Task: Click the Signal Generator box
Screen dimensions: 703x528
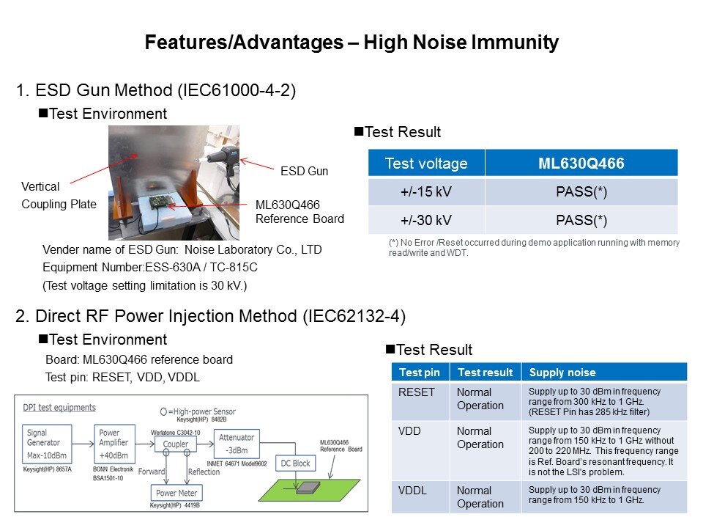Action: [47, 444]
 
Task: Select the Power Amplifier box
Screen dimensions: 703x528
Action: [114, 444]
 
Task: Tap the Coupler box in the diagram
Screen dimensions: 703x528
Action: [175, 444]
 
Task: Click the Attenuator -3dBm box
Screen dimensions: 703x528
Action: [237, 444]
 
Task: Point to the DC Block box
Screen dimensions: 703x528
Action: [295, 463]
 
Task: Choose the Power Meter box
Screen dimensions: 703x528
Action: [176, 493]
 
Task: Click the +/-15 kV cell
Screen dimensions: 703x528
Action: [426, 191]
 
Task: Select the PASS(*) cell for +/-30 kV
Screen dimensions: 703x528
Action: [581, 220]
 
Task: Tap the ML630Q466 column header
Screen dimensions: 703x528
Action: [581, 163]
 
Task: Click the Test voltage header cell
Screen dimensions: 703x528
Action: [426, 163]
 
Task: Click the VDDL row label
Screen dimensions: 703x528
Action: [412, 491]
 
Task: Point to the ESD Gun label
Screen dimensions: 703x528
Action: [305, 171]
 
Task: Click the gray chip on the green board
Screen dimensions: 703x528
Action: [308, 488]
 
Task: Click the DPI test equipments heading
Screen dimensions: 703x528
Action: [59, 407]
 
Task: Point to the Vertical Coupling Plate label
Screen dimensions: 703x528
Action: [59, 195]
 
